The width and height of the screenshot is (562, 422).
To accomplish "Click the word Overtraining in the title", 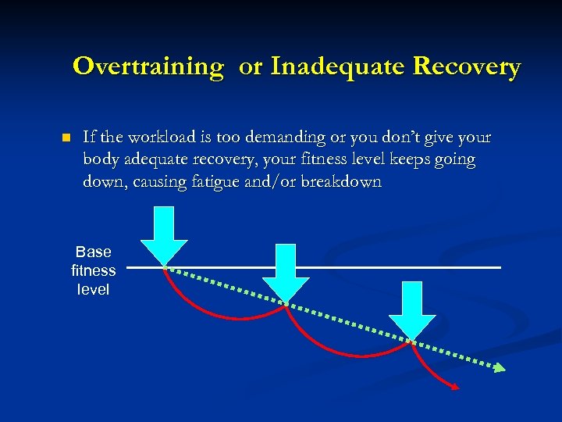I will point(148,66).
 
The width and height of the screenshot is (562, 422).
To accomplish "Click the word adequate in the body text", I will point(149,160).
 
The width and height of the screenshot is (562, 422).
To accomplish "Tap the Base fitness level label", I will point(94,270).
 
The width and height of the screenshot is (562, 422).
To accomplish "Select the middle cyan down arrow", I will point(286,271).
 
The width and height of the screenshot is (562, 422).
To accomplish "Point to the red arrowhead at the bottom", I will point(454,385).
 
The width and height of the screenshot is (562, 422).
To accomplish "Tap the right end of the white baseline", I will point(498,267).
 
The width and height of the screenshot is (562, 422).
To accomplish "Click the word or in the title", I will point(251,66).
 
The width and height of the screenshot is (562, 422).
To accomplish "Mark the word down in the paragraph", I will point(101,182).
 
